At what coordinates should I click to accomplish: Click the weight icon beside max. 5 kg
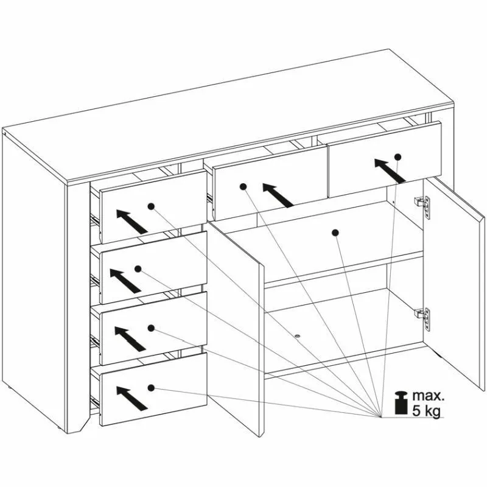tap(401, 403)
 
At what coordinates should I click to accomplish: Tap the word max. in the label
tap(429, 396)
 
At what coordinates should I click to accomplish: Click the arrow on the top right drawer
tap(390, 170)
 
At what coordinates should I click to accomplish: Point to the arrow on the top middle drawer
tap(278, 195)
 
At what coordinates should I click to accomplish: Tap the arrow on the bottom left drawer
tap(132, 398)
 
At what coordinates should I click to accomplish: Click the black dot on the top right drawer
tap(398, 157)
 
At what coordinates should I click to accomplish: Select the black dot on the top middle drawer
tap(243, 187)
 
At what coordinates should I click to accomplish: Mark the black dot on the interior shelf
tap(335, 233)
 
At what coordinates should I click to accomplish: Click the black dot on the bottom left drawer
tap(151, 388)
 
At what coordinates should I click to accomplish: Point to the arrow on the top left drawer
tap(132, 222)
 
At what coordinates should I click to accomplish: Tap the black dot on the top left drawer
tap(151, 206)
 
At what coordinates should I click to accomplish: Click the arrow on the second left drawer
tap(125, 281)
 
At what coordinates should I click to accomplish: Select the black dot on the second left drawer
tap(138, 268)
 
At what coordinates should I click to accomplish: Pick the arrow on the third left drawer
tap(130, 339)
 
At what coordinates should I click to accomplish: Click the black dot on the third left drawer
tap(151, 328)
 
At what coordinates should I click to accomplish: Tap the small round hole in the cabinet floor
tap(298, 337)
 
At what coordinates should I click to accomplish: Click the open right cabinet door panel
tap(454, 282)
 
